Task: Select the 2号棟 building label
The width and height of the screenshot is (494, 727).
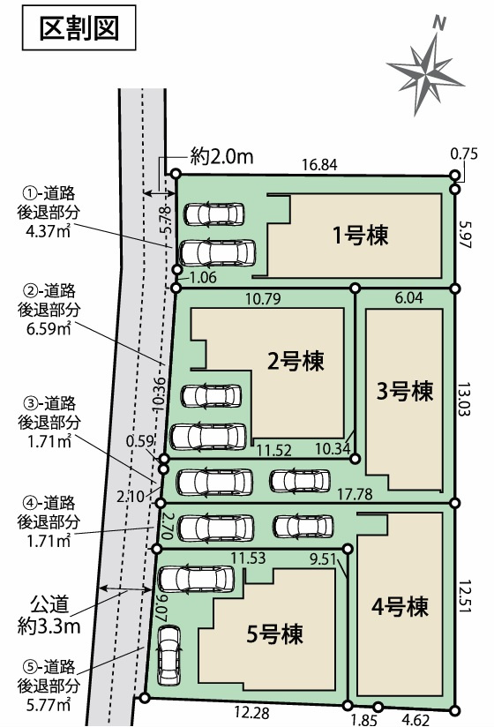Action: (296, 360)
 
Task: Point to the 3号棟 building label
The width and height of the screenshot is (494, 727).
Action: (407, 390)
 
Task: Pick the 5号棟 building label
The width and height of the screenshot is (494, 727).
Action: (275, 633)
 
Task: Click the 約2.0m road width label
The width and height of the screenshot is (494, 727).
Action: (221, 157)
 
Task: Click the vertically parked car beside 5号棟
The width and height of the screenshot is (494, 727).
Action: (168, 655)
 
